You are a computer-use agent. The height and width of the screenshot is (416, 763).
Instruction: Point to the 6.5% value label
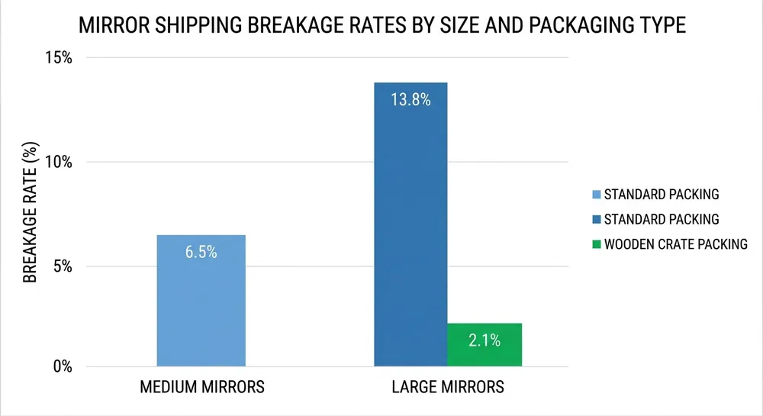click(201, 252)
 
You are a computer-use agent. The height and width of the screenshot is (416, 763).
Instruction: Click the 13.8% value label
click(411, 100)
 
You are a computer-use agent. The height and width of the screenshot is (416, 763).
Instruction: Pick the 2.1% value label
click(485, 341)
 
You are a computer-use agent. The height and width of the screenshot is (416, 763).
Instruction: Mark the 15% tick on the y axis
click(60, 58)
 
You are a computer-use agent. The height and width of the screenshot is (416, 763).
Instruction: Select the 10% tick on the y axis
click(60, 162)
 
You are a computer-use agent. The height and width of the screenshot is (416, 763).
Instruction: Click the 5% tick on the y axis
click(64, 266)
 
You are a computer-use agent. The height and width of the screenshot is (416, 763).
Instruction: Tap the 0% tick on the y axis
click(64, 366)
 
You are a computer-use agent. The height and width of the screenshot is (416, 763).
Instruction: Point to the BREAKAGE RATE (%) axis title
click(30, 211)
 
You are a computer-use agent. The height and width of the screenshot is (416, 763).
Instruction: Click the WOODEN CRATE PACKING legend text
click(675, 245)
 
